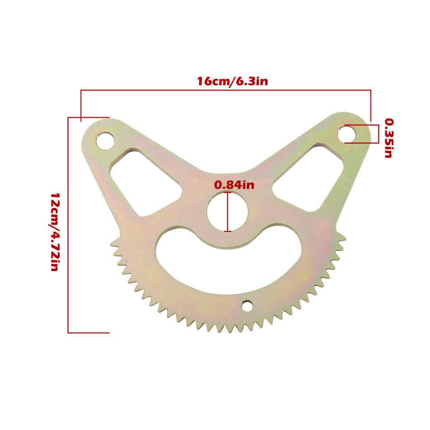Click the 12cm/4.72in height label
coord(54,231)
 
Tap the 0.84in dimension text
coord(234,185)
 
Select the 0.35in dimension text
coord(388,138)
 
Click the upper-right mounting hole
coord(346,134)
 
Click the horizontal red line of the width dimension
coord(226,91)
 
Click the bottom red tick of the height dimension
coord(89,333)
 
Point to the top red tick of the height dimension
coord(89,118)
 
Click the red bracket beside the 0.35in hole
coord(377,134)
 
